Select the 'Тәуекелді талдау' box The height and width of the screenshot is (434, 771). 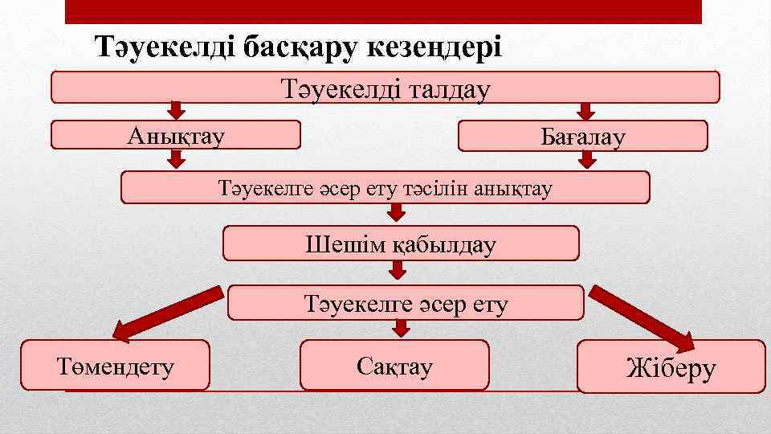[x=385, y=88]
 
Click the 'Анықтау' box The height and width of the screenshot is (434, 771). [x=176, y=135]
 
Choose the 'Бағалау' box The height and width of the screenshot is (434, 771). [x=582, y=136]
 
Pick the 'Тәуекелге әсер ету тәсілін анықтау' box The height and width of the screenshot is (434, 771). [x=385, y=187]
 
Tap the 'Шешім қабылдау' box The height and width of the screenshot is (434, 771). [x=400, y=243]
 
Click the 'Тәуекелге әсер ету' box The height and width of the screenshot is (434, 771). [x=406, y=303]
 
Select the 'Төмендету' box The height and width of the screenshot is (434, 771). [x=115, y=365]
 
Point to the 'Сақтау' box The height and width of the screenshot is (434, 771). [x=394, y=365]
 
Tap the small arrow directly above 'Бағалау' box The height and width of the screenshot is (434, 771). [x=587, y=111]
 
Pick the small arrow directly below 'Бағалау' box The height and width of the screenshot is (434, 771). [x=587, y=160]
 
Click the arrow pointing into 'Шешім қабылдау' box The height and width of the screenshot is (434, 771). [x=398, y=213]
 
